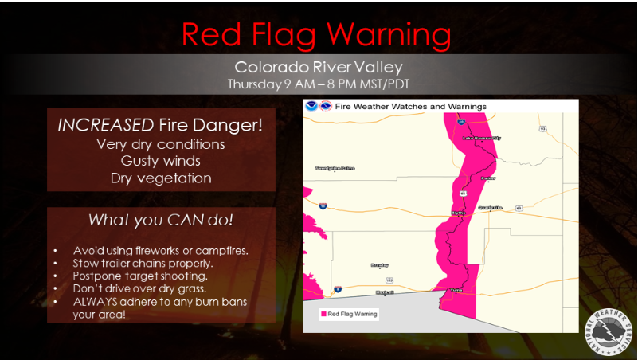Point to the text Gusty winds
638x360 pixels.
(x=160, y=161)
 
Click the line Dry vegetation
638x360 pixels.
(x=160, y=178)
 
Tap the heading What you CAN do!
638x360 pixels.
(x=160, y=219)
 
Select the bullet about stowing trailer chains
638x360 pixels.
(x=143, y=262)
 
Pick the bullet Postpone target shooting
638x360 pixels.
(x=139, y=275)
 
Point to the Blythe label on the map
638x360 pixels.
(x=459, y=213)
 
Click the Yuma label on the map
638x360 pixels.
(x=456, y=291)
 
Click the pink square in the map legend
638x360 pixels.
(x=323, y=314)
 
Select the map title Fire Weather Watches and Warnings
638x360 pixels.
(x=411, y=106)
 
